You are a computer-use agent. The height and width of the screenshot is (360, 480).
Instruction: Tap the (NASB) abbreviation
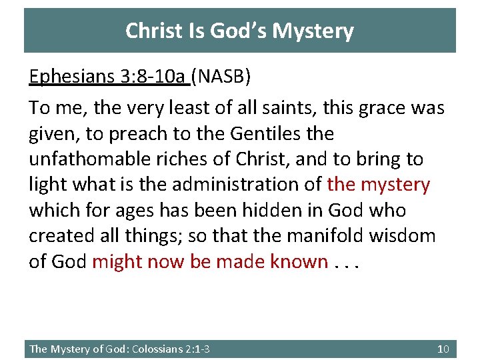[x=221, y=77]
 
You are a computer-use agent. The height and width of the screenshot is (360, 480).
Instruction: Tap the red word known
[x=299, y=261]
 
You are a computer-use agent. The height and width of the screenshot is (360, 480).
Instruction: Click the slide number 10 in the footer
[x=443, y=349]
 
